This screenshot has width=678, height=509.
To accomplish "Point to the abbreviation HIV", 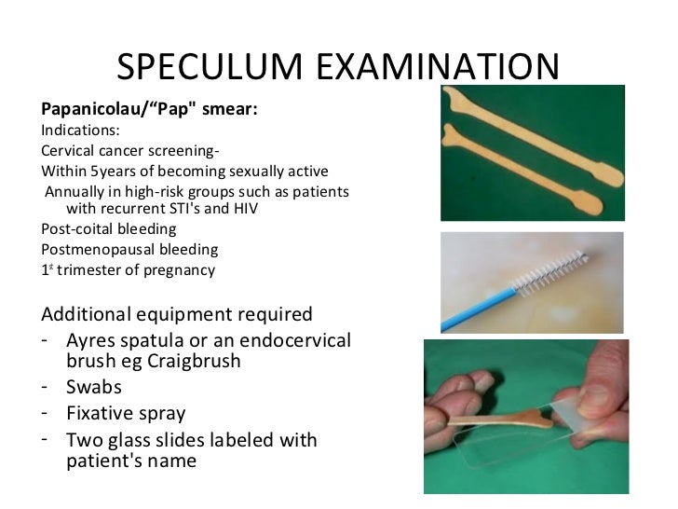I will [x=243, y=209].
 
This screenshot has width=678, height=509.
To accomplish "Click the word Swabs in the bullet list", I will [x=94, y=387].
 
